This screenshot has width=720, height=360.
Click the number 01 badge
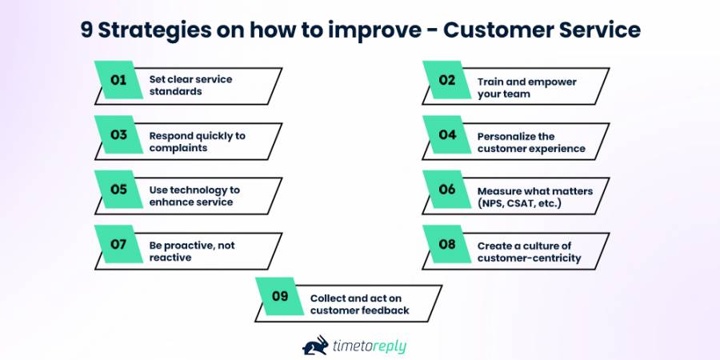pyautogui.click(x=118, y=80)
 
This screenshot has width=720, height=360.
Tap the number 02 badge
pyautogui.click(x=446, y=80)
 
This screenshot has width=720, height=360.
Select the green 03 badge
pyautogui.click(x=118, y=135)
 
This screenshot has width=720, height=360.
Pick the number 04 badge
pyautogui.click(x=446, y=135)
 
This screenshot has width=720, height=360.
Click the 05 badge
pyautogui.click(x=118, y=190)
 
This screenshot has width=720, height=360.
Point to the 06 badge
pyautogui.click(x=446, y=190)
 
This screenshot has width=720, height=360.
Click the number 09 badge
pyautogui.click(x=279, y=297)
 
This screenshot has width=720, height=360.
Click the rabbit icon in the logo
pyautogui.click(x=315, y=345)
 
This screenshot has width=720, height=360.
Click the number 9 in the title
pyautogui.click(x=86, y=30)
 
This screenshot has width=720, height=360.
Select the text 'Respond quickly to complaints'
pyautogui.click(x=197, y=142)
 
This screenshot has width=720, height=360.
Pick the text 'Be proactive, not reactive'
pyautogui.click(x=192, y=252)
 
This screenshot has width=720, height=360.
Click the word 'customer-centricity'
pyautogui.click(x=529, y=258)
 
